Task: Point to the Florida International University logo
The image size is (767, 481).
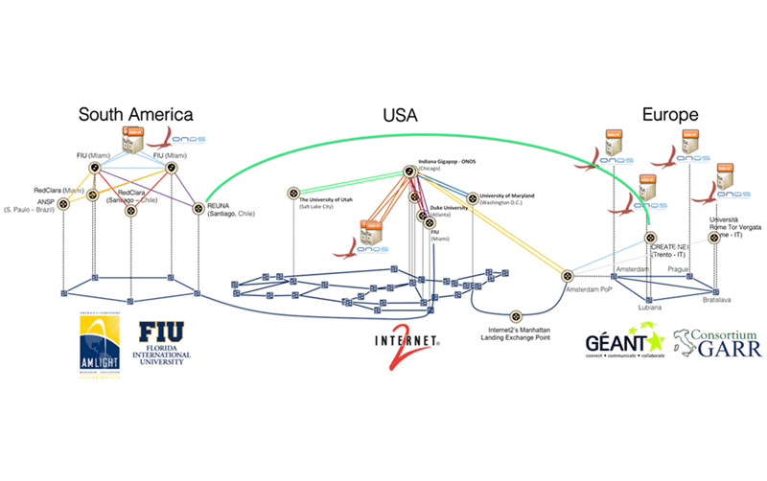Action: pos(174,343)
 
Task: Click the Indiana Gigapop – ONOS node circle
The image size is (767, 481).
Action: pos(409,172)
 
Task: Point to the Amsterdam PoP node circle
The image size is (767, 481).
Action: pos(567,275)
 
